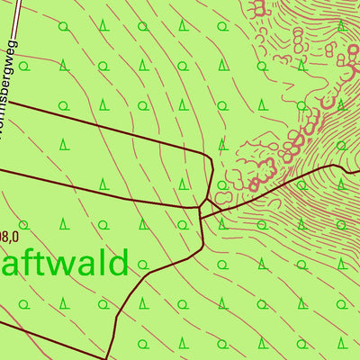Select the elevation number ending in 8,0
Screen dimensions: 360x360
pos(8,238)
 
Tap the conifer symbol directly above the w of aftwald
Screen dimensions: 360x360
pos(64,222)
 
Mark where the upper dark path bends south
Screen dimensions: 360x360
pos(211,162)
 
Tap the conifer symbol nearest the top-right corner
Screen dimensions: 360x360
pos(341,25)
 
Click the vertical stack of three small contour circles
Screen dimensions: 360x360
pos(298,40)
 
